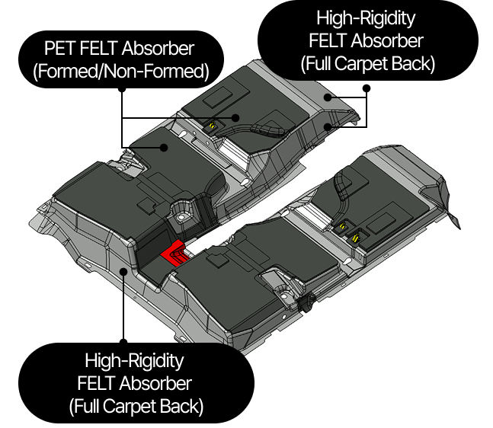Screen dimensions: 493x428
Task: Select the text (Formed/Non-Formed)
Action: pos(121,72)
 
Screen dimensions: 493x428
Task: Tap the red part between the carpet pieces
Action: pos(176,253)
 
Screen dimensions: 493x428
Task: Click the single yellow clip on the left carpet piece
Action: pos(213,126)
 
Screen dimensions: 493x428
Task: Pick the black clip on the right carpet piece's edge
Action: pos(306,302)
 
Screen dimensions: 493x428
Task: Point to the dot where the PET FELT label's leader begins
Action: pos(122,89)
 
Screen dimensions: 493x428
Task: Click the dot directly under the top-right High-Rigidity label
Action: pos(367,88)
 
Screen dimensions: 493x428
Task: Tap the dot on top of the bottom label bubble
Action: pos(124,342)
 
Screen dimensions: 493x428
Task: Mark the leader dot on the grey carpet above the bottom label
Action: pos(124,271)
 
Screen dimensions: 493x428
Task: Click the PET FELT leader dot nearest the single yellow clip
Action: pos(235,118)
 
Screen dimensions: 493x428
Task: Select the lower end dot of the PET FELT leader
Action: pos(164,148)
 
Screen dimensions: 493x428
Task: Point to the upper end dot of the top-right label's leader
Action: pos(328,97)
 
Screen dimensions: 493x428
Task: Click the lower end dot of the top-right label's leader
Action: pos(328,126)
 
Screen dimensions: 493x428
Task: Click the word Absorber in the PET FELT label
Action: pos(158,49)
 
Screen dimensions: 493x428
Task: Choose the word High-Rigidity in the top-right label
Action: pos(366,18)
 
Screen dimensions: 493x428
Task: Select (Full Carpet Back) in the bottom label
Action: pos(136,407)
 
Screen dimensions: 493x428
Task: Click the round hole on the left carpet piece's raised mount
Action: pos(181,218)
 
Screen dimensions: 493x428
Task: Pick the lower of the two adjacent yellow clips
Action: pos(356,239)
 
